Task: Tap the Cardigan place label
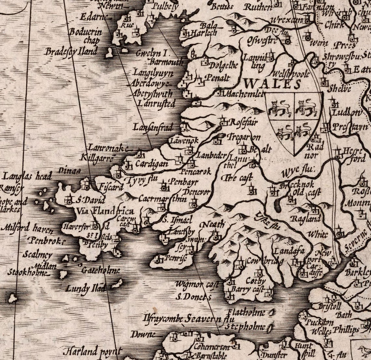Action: [x=151, y=163]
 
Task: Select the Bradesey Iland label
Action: [x=71, y=51]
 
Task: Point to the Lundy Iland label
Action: [x=86, y=288]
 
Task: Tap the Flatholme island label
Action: [x=246, y=313]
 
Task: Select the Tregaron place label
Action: [x=243, y=136]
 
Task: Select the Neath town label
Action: [x=213, y=224]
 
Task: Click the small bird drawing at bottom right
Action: [x=362, y=350]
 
